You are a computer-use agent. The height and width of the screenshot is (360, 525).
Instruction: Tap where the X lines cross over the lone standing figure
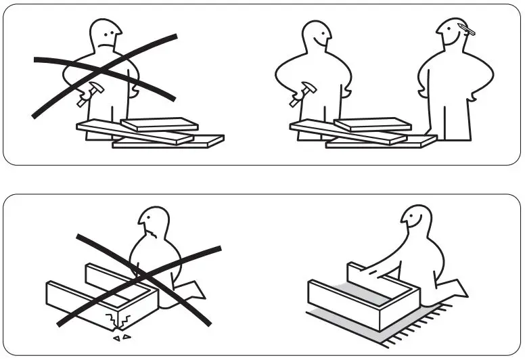[x=103, y=68]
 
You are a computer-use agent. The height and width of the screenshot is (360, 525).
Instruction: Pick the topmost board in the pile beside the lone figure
[x=159, y=125]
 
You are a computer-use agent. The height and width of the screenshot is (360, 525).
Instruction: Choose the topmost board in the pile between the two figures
[x=372, y=125]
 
